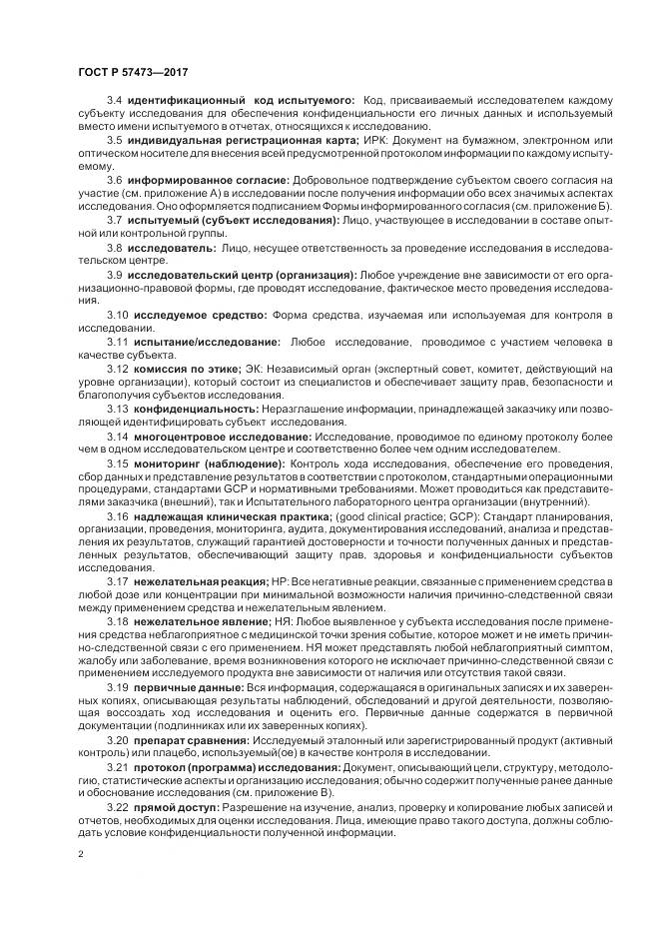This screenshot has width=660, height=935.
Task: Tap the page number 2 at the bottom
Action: [81, 854]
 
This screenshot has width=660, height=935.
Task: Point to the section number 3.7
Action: [115, 219]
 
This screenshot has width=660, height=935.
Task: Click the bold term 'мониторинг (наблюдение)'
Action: [211, 464]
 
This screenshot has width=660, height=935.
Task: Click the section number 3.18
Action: [118, 620]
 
